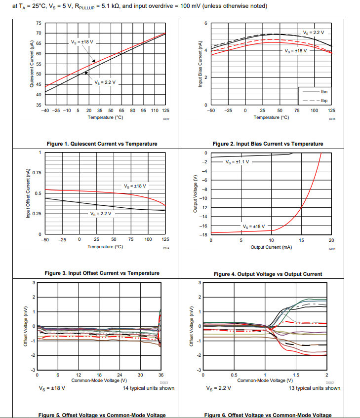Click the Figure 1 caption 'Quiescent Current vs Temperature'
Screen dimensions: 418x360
click(x=102, y=144)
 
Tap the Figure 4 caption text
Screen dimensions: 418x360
click(x=268, y=274)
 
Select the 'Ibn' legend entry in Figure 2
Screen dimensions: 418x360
click(x=324, y=92)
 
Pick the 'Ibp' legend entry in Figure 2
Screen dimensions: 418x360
click(x=324, y=100)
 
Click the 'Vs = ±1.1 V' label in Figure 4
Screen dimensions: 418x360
click(x=238, y=162)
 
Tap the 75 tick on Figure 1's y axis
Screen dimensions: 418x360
click(x=39, y=23)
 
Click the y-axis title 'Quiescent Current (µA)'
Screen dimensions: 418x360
click(x=31, y=65)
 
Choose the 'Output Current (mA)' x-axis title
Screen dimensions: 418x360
click(x=271, y=247)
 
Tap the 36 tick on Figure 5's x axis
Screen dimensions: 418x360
click(x=161, y=376)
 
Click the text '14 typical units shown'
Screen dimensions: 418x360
click(x=149, y=388)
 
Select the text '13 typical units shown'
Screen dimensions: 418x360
click(x=315, y=388)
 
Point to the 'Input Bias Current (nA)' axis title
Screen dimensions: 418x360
click(x=200, y=64)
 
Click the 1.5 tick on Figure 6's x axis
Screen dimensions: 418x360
click(x=296, y=376)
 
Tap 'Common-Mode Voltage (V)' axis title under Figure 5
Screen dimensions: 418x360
click(x=99, y=380)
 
